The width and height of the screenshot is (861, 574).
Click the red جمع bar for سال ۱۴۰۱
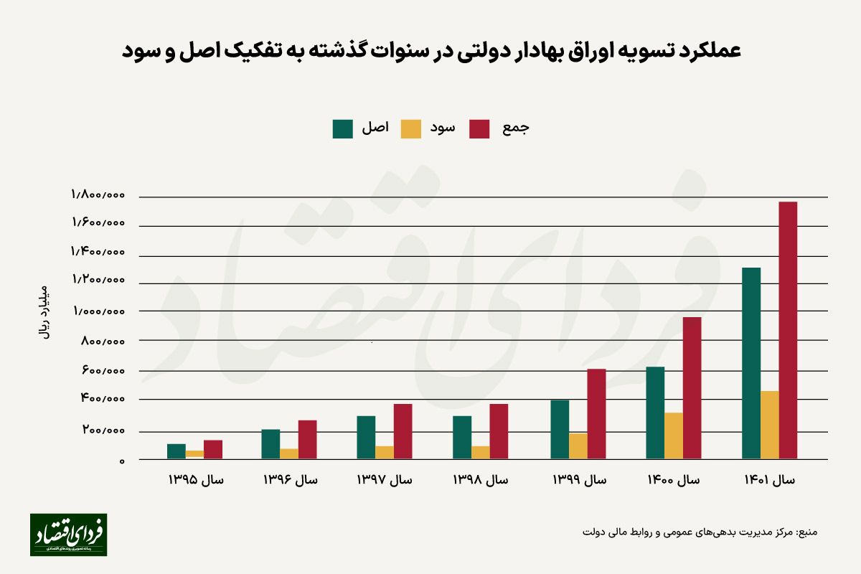tap(788, 330)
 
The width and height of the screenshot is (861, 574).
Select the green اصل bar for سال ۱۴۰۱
tap(751, 363)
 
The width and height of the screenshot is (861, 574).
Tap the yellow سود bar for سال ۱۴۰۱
tap(769, 425)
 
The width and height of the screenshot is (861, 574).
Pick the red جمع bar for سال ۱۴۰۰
tap(692, 387)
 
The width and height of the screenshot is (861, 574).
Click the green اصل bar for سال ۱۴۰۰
tap(655, 413)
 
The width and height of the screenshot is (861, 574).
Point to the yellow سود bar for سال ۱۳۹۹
tap(578, 446)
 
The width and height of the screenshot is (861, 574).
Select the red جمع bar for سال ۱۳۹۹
tap(596, 413)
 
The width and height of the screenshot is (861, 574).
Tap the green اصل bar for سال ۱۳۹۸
tap(462, 437)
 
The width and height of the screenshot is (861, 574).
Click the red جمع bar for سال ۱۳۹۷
tap(403, 431)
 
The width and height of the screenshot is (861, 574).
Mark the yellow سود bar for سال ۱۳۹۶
tap(289, 453)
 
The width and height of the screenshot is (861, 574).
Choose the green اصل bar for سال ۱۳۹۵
tap(177, 451)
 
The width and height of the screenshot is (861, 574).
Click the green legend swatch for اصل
tap(343, 128)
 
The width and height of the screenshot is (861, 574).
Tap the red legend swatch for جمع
tap(479, 128)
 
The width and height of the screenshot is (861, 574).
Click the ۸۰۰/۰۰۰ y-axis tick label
tap(104, 341)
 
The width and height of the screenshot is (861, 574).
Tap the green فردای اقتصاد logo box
tap(68, 535)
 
